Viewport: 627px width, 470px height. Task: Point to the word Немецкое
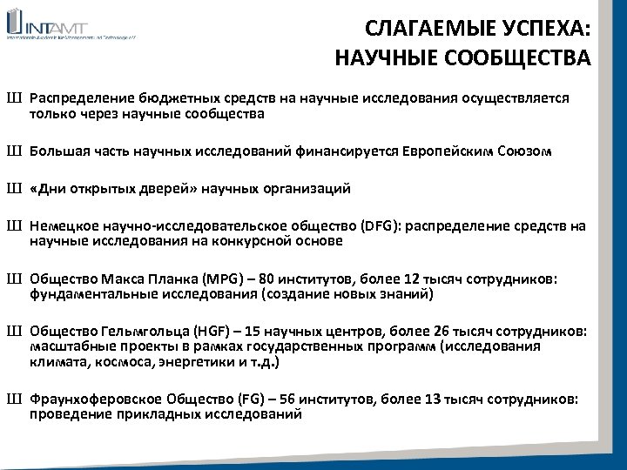tap(64, 226)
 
